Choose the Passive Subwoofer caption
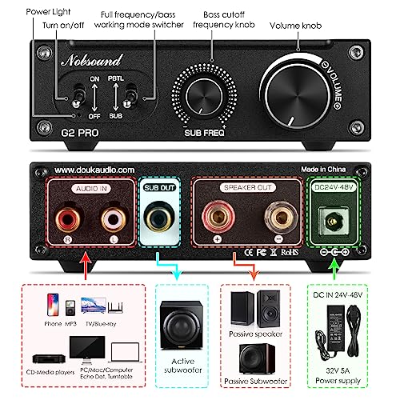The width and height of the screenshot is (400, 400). (x=257, y=382)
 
